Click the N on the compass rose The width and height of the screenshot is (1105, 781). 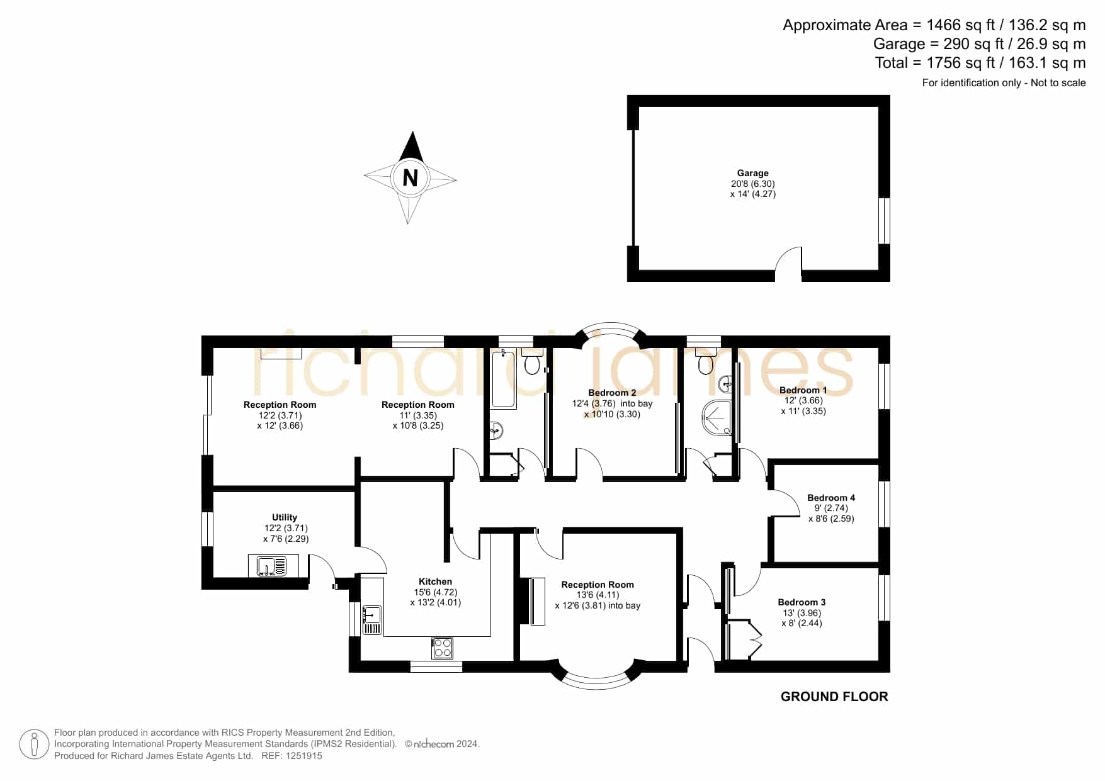tap(410, 178)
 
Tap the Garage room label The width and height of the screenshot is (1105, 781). tap(753, 173)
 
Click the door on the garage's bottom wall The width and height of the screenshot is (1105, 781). tap(788, 264)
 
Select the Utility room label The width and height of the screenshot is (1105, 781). tap(285, 517)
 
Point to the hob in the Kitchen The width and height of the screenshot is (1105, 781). tap(442, 648)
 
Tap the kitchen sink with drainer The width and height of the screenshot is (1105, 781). tap(372, 620)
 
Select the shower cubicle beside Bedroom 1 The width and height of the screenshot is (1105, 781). tap(717, 417)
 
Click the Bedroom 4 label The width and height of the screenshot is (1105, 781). tap(831, 498)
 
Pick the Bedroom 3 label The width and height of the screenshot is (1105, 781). tap(802, 602)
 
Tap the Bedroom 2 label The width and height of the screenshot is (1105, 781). tap(612, 393)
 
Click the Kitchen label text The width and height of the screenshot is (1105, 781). tap(435, 582)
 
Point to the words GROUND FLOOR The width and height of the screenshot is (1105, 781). tap(834, 697)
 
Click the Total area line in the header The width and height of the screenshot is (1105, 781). tap(980, 63)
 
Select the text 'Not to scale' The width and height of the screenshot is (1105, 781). tap(1058, 82)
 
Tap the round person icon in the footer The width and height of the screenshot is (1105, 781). tap(34, 744)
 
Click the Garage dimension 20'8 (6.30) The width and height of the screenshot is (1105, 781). tap(753, 184)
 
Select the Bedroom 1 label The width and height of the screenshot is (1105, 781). tap(803, 390)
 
